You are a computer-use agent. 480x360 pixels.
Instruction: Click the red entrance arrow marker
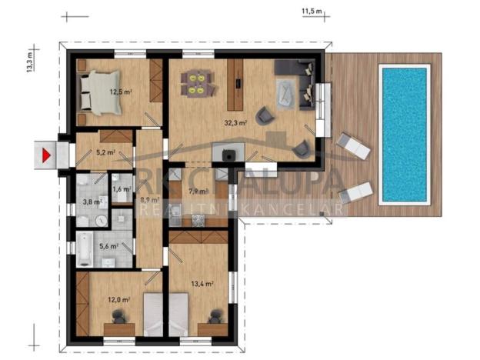47,154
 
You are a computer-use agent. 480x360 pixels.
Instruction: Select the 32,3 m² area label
235,122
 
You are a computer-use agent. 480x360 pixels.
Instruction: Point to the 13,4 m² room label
201,283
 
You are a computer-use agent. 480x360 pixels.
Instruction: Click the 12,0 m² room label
118,299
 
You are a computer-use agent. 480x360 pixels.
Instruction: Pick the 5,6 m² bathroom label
109,246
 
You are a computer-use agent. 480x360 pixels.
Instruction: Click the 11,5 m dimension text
311,12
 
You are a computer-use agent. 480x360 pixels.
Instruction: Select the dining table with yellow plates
195,82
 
